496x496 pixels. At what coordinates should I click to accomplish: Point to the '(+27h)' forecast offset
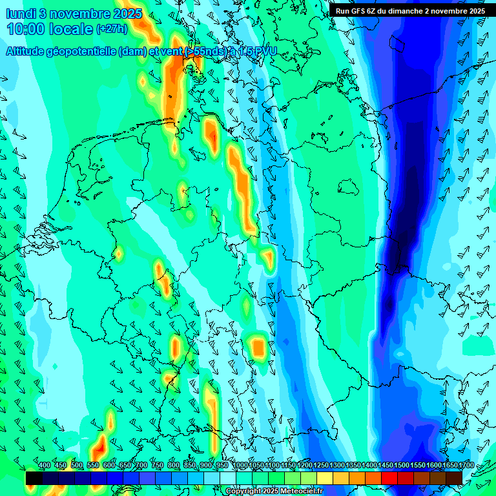111,29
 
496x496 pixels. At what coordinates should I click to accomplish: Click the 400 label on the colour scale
45,466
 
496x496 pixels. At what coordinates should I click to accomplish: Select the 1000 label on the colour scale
240,466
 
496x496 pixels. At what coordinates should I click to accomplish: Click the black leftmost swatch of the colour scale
34,478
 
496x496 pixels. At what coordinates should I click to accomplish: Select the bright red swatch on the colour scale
389,478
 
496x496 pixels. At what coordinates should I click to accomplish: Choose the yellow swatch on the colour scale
325,478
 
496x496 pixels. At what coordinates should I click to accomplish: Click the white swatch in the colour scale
228,478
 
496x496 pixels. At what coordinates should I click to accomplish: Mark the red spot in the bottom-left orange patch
100,446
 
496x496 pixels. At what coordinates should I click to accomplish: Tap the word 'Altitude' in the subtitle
26,52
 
